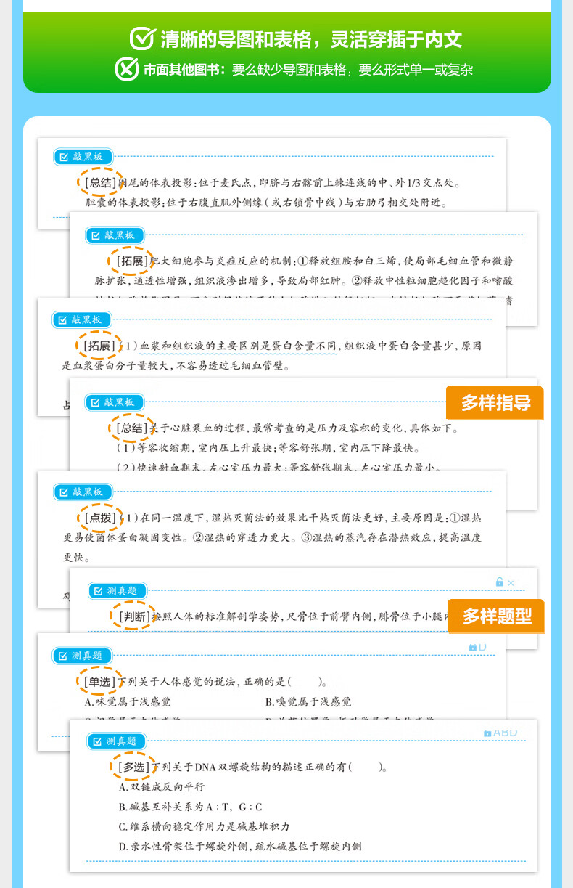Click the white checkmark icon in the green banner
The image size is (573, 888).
coord(142,38)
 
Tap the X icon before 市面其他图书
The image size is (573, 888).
coord(127,69)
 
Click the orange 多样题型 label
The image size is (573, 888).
coord(496,616)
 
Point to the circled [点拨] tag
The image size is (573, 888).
coord(99,518)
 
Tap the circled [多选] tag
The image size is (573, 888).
coord(133,767)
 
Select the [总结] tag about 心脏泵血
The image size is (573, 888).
coord(131,428)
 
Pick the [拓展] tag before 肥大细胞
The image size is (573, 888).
coord(131,261)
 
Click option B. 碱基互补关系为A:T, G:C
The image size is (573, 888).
coord(190,807)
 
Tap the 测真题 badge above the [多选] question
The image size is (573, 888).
coord(116,741)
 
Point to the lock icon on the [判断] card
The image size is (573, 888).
coord(499,582)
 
